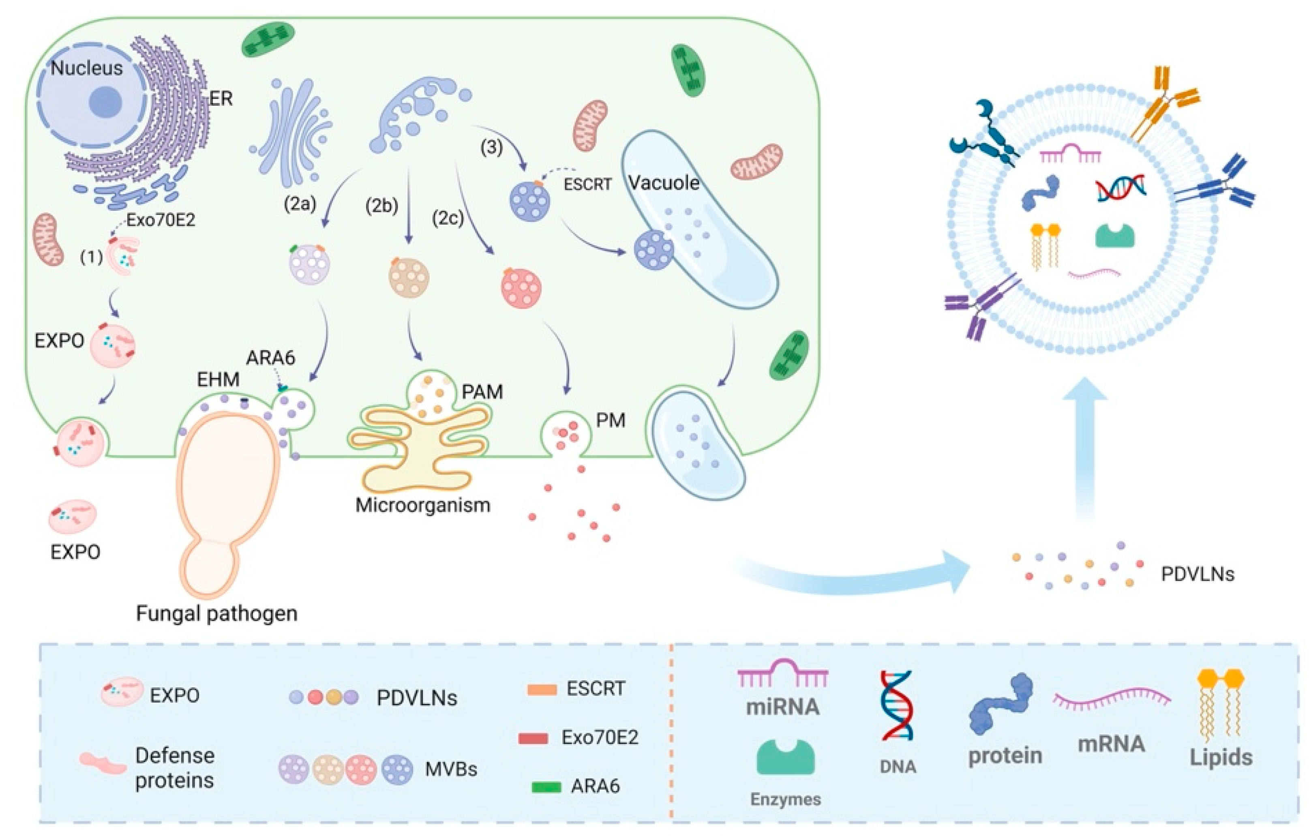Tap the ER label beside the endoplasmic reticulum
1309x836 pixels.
pos(220,99)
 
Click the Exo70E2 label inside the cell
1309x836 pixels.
pos(161,220)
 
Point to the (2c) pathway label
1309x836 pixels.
pos(448,218)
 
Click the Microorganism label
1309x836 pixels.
pos(423,505)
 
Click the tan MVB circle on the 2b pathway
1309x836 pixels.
pos(409,278)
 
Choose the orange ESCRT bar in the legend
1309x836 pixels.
pos(542,690)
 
